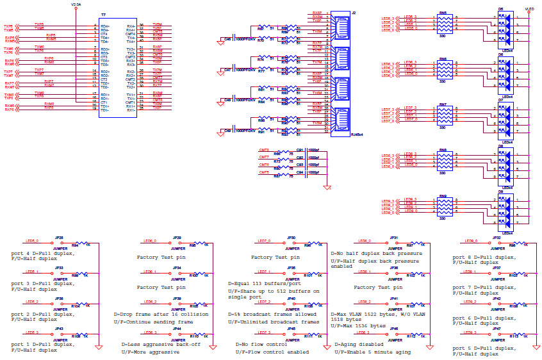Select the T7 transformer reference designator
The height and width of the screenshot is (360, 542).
click(104, 13)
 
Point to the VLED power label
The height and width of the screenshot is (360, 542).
click(529, 10)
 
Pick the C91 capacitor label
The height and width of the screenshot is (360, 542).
click(299, 149)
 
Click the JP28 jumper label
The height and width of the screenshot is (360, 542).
click(59, 238)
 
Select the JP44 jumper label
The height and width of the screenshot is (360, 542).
click(176, 329)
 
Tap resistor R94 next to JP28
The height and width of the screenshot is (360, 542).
click(76, 244)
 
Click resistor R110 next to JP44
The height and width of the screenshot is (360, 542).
click(193, 335)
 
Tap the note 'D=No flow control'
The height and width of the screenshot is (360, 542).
click(258, 345)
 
